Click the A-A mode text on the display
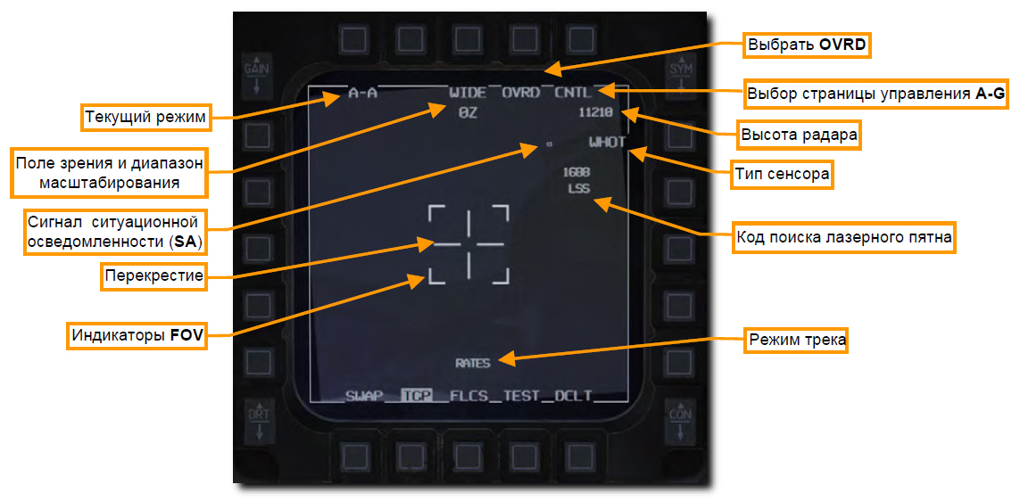tap(362, 93)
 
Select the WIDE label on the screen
tap(468, 93)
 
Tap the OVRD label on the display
tap(520, 93)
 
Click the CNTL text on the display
tap(573, 93)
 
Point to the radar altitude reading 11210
tap(595, 112)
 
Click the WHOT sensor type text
tap(607, 142)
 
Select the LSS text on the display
tap(578, 189)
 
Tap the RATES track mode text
tap(473, 363)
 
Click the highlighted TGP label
tap(415, 396)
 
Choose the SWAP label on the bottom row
tap(363, 396)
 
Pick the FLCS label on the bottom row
tap(469, 396)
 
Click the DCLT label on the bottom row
tap(574, 396)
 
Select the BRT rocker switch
tap(257, 421)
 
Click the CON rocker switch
tap(680, 421)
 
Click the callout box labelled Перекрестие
tap(153, 276)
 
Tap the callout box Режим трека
tap(797, 341)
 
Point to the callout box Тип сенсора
tap(781, 175)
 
